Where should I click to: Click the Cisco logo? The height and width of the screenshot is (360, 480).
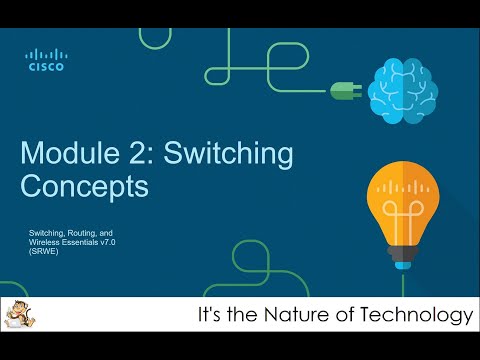[x=45, y=60]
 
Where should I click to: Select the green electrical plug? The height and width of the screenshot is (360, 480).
[x=344, y=90]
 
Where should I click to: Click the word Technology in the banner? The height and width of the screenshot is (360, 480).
[x=419, y=316]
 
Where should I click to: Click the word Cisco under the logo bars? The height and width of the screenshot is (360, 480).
[x=45, y=68]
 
